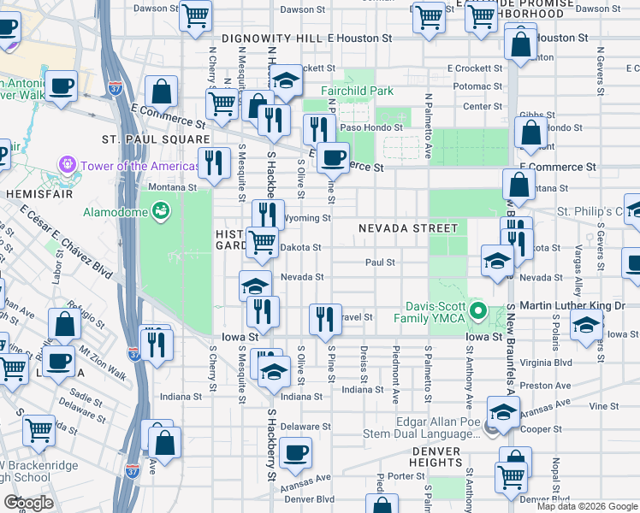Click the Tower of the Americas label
pyautogui.click(x=129, y=166)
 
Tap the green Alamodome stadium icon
pyautogui.click(x=161, y=209)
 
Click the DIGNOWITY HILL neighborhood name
pyautogui.click(x=272, y=39)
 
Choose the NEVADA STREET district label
pyautogui.click(x=408, y=228)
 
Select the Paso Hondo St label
pyautogui.click(x=371, y=127)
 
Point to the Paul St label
pyautogui.click(x=380, y=262)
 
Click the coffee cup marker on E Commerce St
pyautogui.click(x=334, y=156)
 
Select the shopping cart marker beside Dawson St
pyautogui.click(x=196, y=15)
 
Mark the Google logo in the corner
pyautogui.click(x=28, y=504)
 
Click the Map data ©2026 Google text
pyautogui.click(x=586, y=506)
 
